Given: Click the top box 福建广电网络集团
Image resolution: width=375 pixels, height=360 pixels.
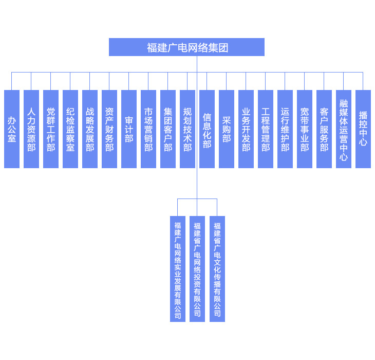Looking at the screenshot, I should tap(186, 47).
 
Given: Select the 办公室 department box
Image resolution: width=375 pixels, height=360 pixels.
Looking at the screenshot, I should tap(12, 129).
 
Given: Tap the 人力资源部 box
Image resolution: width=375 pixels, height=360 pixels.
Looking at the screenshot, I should tap(31, 129).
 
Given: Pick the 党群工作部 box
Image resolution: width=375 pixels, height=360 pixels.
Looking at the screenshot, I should tap(51, 129).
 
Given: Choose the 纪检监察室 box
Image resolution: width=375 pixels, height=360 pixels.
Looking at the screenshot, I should tap(70, 129).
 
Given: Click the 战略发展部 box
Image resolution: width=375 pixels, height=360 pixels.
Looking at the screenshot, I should tap(90, 129).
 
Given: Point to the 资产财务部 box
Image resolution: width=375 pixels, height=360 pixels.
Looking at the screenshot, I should tap(109, 129).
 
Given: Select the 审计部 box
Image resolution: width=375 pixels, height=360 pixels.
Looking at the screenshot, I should tap(129, 129).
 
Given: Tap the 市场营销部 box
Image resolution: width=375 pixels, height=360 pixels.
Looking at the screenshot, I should tap(148, 129).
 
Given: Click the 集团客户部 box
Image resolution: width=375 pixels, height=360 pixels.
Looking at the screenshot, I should tap(168, 129).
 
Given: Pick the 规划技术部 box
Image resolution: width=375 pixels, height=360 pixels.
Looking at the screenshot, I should tap(188, 129).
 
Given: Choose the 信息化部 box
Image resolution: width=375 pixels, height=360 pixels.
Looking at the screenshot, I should tap(207, 129).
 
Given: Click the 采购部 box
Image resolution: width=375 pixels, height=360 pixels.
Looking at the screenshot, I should tap(227, 129).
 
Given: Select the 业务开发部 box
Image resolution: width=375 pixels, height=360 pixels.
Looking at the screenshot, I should tap(246, 129).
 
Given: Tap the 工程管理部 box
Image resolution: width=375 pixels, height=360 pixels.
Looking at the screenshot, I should tap(266, 129).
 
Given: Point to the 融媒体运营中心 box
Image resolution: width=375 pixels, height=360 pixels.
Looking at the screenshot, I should tap(344, 129).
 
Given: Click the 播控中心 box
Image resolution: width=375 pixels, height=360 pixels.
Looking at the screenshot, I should tap(363, 129).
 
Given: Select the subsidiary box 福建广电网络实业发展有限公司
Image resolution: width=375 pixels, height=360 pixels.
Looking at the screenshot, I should tap(178, 269).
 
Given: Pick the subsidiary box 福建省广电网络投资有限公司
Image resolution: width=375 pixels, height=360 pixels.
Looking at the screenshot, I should tap(197, 269).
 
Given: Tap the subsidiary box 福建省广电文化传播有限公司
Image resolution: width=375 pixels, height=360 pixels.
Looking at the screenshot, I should tap(217, 269).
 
